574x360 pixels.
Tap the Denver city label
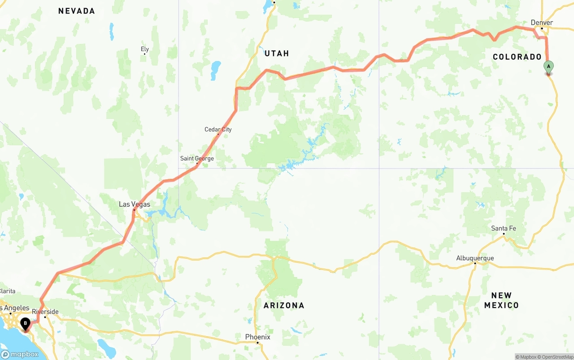coord(541,22)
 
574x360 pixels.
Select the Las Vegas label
coord(134,204)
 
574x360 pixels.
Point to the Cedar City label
coord(218,130)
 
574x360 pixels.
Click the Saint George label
coord(197,158)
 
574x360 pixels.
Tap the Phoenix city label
coord(257,337)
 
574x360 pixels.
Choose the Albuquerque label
coord(474,258)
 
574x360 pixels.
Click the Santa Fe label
coord(503,228)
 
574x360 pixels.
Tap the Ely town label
coord(144,49)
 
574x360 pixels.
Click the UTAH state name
coord(277,53)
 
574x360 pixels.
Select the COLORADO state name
coord(517,57)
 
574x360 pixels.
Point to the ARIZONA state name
coord(283,305)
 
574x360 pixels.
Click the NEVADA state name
coord(76,11)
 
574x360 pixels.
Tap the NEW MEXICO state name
coord(501,300)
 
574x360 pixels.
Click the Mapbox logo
coord(20,354)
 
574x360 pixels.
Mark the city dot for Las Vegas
coord(134,209)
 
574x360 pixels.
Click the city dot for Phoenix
coord(257,343)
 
